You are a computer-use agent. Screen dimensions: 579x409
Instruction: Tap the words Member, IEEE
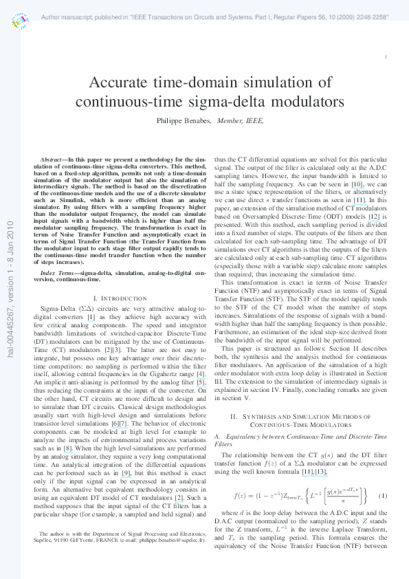click(x=240, y=119)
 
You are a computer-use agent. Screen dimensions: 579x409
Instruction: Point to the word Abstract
click(x=53, y=159)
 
